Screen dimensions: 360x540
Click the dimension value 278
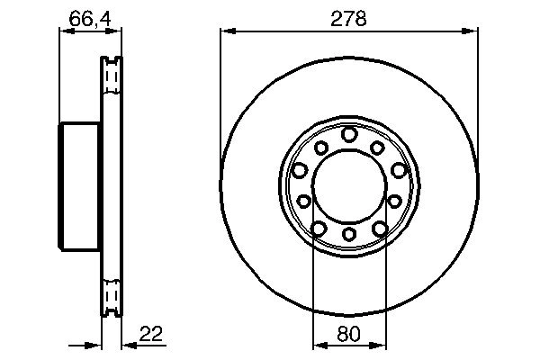(x=349, y=18)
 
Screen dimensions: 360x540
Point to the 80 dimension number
(x=349, y=334)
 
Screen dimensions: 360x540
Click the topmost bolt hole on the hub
(x=349, y=135)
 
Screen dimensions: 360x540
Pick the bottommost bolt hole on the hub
(x=349, y=236)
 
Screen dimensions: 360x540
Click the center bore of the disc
(x=349, y=185)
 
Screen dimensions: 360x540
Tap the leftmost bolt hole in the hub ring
(x=300, y=170)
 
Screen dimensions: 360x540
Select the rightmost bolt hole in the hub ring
(x=399, y=170)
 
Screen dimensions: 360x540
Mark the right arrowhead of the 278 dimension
(x=472, y=31)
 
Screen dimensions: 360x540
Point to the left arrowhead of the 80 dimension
(x=317, y=345)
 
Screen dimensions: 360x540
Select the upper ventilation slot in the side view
(x=112, y=77)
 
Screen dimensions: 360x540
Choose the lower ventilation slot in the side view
(x=112, y=295)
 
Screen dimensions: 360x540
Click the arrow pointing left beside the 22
(x=126, y=345)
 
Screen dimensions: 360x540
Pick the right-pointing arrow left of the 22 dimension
(x=92, y=345)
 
